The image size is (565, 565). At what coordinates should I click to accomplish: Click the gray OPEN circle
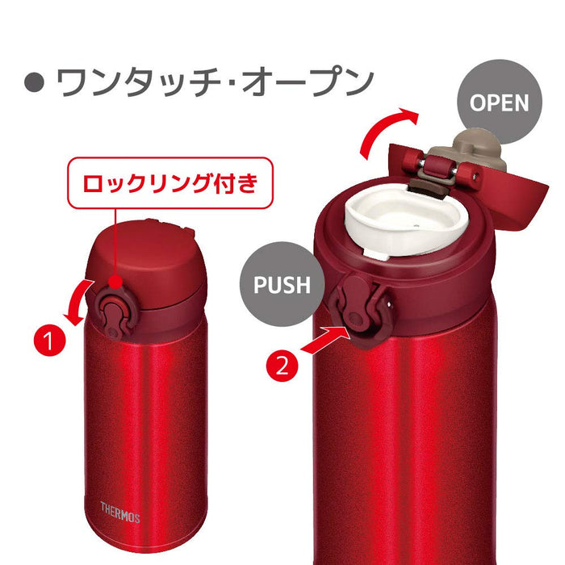tap(500, 103)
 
